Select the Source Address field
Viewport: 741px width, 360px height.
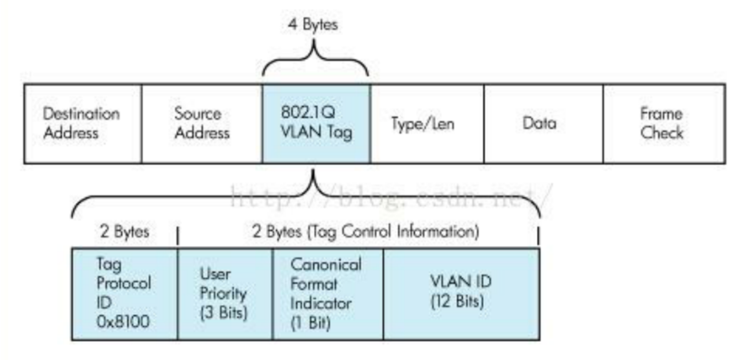[202, 124]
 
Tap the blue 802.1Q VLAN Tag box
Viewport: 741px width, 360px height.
[316, 124]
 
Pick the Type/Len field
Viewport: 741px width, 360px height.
[427, 124]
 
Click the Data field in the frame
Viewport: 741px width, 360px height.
[543, 124]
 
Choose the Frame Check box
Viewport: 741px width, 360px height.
[663, 124]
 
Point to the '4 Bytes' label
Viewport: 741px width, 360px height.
[313, 25]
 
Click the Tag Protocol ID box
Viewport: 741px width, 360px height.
[124, 294]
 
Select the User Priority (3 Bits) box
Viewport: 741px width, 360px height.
[225, 294]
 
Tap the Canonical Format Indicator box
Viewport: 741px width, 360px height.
[327, 294]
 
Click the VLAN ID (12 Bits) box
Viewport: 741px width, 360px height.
[461, 294]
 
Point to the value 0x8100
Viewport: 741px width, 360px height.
[123, 321]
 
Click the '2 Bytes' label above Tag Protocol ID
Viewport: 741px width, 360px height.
[124, 231]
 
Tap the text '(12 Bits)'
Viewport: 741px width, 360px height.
[457, 301]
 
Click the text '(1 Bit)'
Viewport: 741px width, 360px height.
[310, 322]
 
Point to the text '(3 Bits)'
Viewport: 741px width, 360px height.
[224, 312]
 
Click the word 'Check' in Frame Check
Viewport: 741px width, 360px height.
[662, 133]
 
